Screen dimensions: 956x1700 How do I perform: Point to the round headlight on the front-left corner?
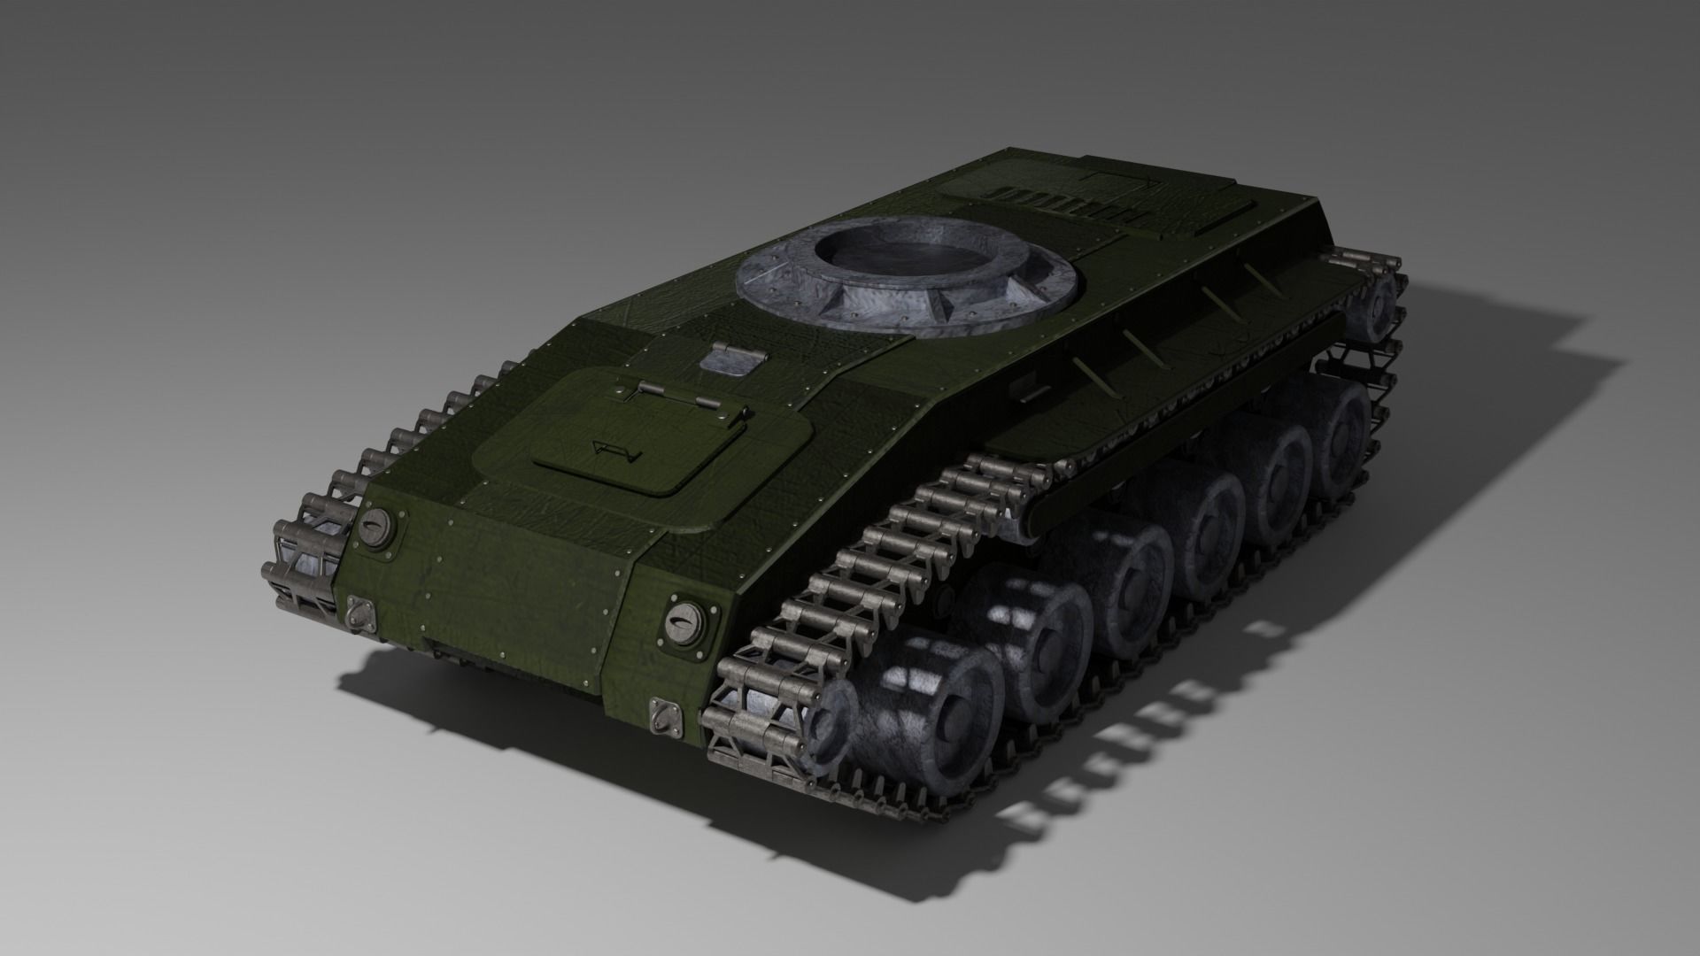click(376, 528)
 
